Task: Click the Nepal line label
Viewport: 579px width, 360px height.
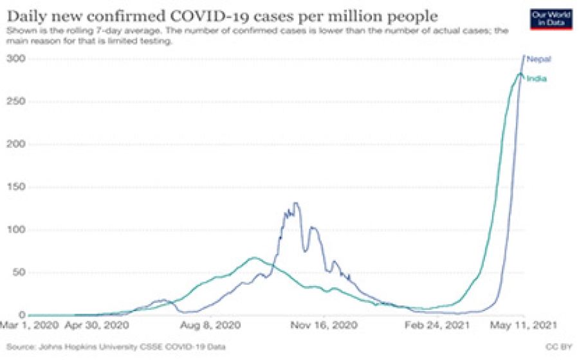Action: (x=539, y=59)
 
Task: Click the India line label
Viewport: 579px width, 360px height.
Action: (x=537, y=78)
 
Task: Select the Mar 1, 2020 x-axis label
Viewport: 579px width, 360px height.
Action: (x=29, y=325)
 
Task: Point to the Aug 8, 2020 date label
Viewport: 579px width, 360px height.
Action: (x=216, y=325)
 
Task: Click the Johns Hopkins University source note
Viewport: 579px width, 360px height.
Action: (x=116, y=348)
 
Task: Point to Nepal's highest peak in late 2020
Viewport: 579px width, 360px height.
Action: (x=295, y=204)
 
